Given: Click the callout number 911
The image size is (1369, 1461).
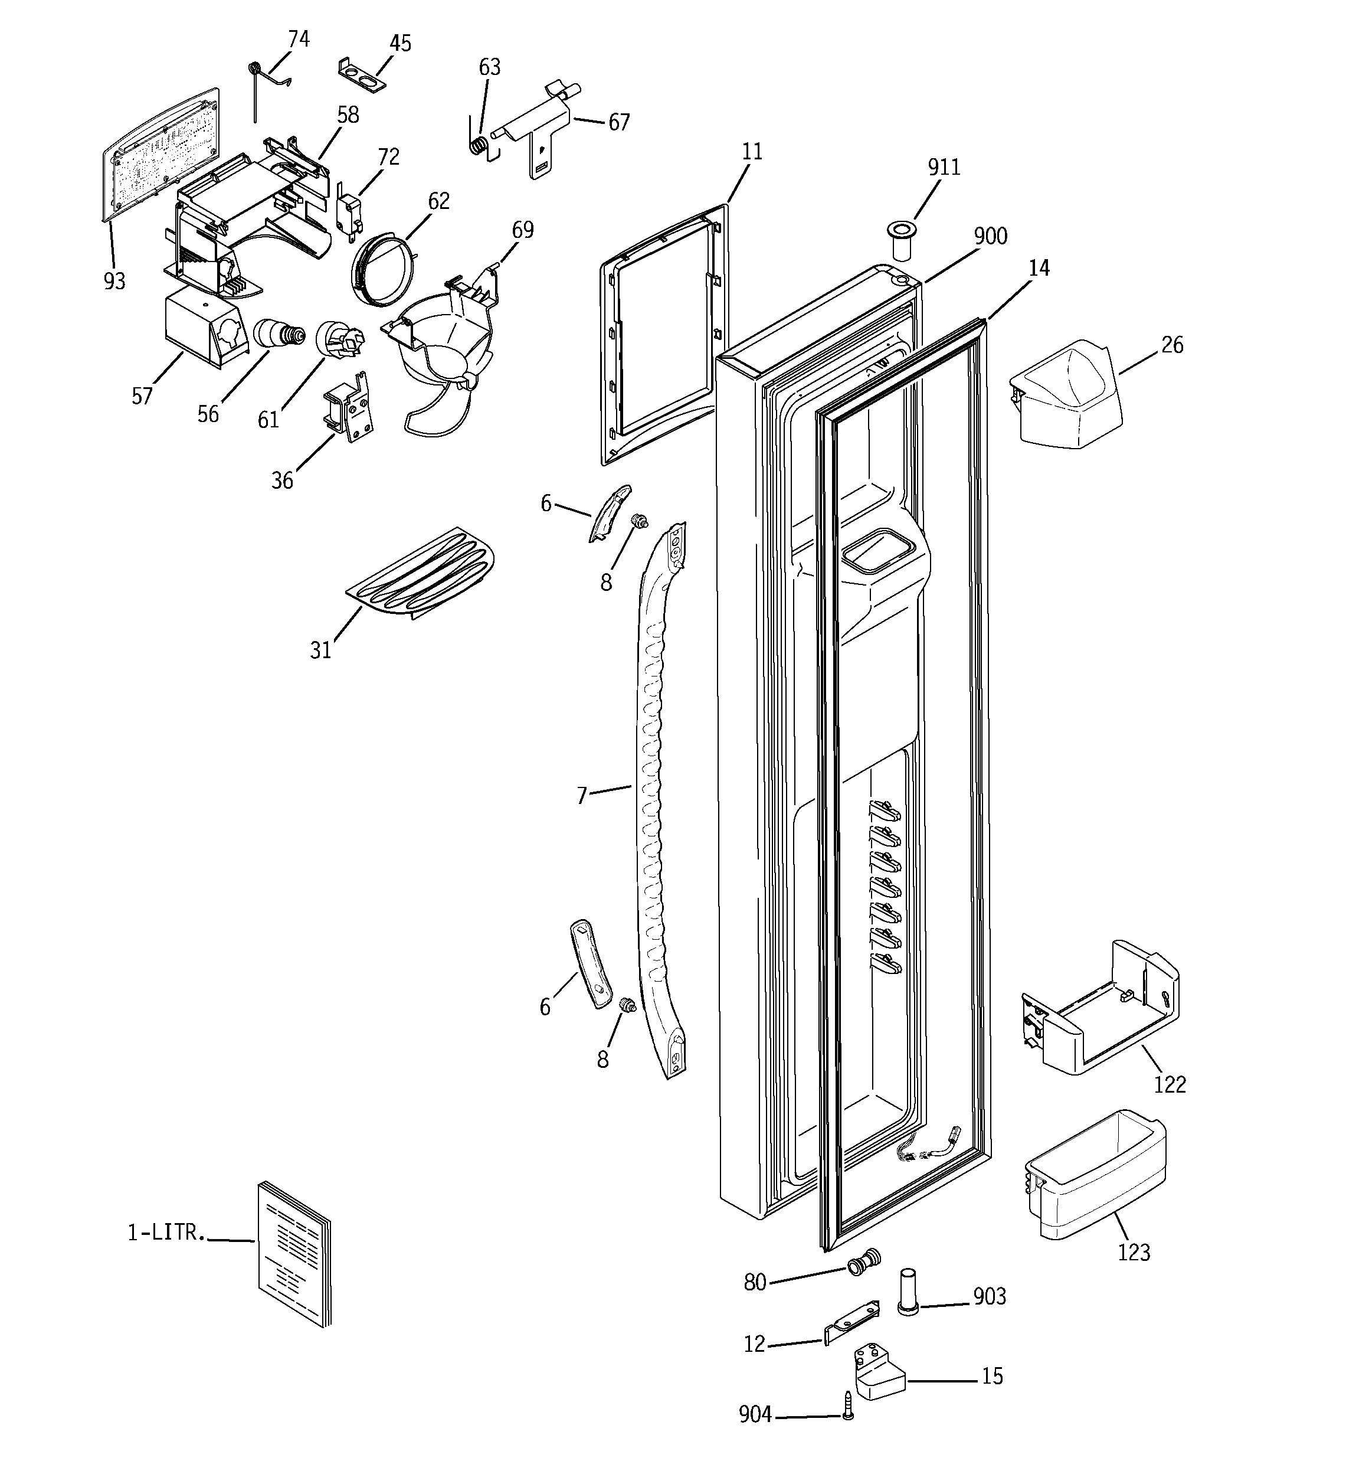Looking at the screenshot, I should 944,168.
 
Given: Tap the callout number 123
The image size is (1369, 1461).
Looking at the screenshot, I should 1133,1252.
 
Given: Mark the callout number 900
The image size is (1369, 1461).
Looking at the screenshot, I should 990,237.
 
